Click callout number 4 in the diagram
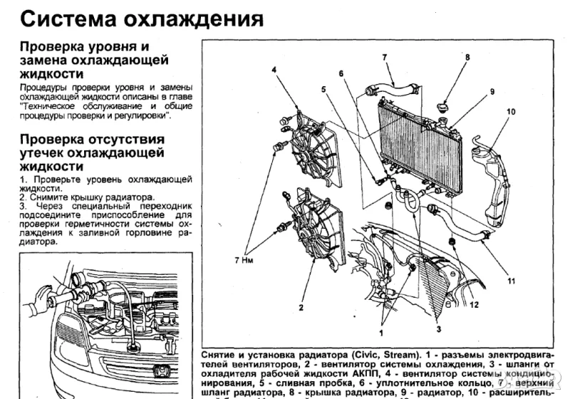click(x=274, y=69)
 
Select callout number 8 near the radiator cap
click(x=467, y=57)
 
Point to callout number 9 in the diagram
click(x=492, y=91)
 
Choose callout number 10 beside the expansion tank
click(x=511, y=113)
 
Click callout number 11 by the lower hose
click(x=510, y=281)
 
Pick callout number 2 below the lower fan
click(x=301, y=308)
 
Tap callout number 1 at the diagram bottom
click(x=382, y=331)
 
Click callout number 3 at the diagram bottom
click(x=439, y=328)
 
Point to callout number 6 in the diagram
click(x=341, y=73)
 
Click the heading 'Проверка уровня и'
click(x=78, y=46)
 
